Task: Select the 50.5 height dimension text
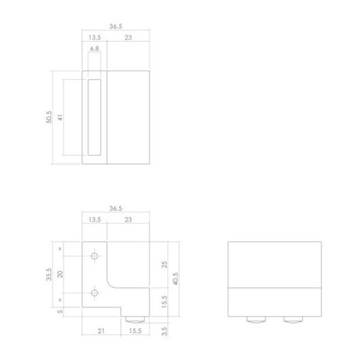50,118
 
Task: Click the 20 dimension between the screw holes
60,274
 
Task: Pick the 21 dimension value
102,331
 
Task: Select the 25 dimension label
164,264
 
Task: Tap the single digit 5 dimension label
60,312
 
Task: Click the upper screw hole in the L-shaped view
94,255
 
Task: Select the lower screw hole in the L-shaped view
94,292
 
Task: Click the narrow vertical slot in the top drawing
94,118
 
